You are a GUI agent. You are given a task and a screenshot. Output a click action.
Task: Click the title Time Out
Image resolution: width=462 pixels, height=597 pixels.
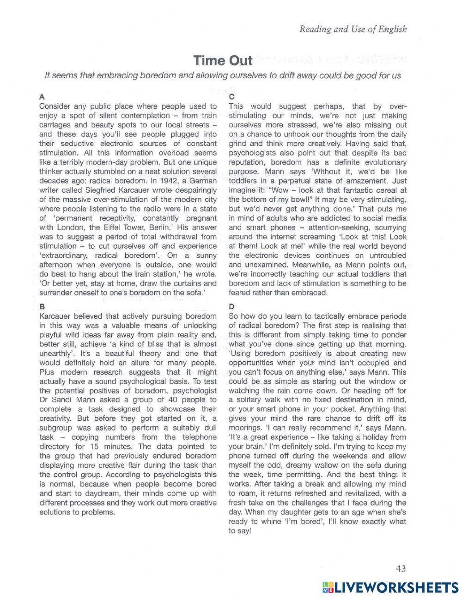(x=223, y=60)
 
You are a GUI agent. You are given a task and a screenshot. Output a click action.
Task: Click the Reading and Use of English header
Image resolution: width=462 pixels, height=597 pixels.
(x=353, y=29)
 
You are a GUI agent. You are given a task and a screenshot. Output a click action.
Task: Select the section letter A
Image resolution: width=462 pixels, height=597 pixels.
(x=42, y=97)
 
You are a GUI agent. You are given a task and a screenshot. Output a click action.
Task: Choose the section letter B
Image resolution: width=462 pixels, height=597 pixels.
(x=42, y=307)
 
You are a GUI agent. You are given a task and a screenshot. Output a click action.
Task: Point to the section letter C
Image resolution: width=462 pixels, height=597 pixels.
(x=231, y=97)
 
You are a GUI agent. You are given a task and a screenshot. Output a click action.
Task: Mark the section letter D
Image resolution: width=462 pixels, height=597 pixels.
(x=231, y=307)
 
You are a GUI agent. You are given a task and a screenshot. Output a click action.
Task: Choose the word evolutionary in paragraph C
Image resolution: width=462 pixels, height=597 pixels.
(x=383, y=162)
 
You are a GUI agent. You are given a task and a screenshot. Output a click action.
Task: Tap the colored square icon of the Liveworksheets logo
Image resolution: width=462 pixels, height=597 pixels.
(x=328, y=587)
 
